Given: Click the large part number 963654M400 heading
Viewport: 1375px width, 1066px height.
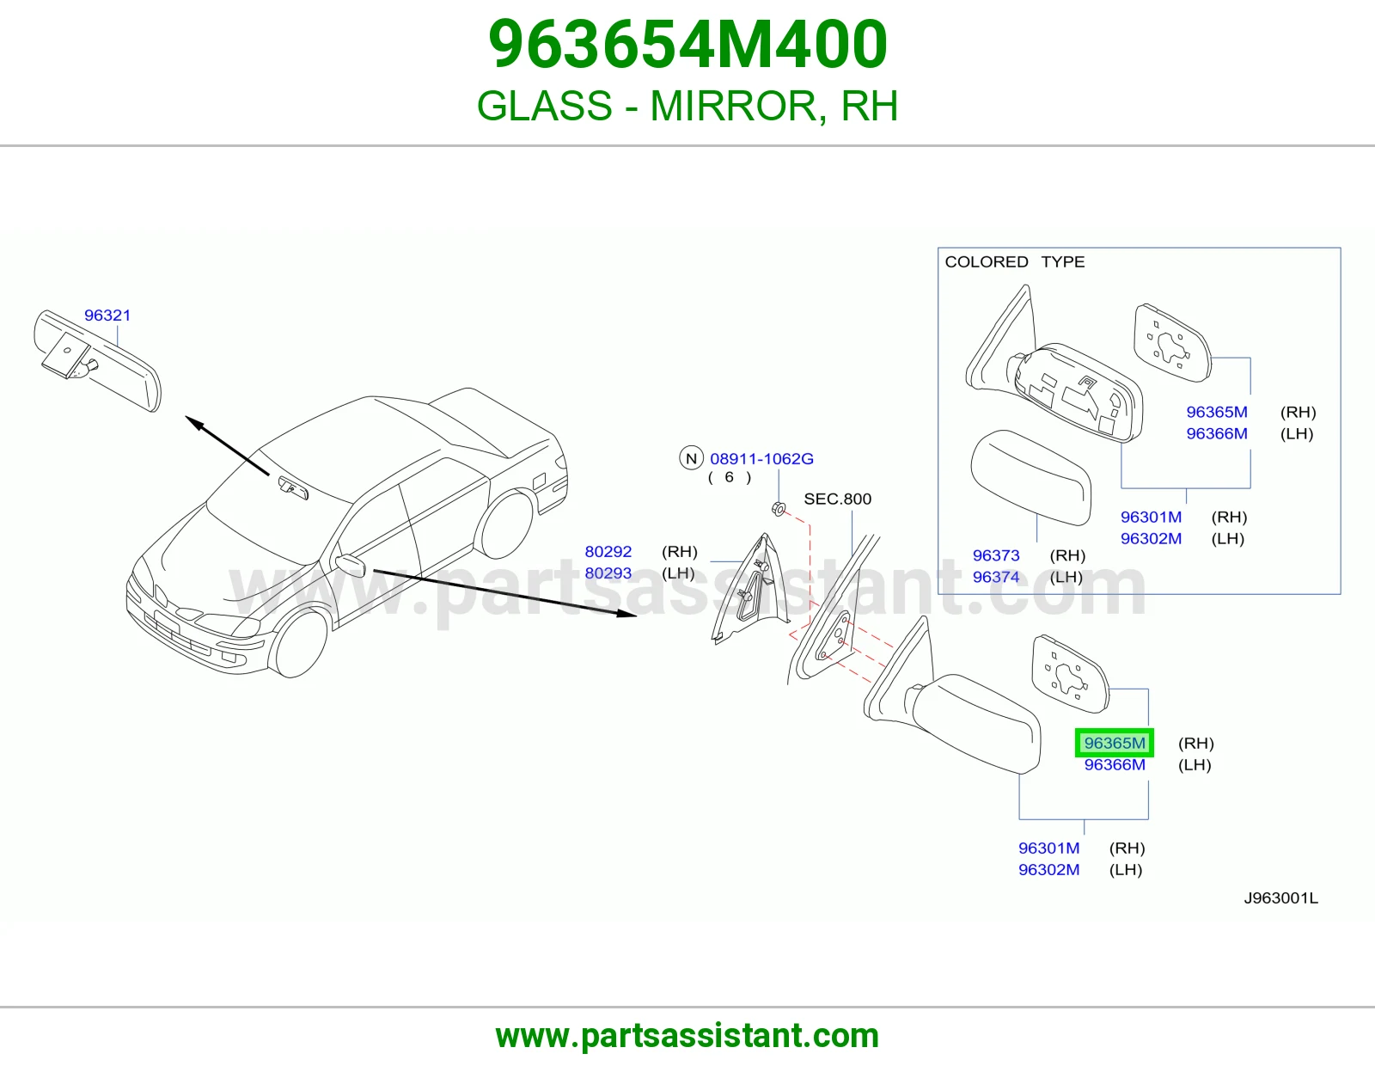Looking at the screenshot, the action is click(687, 45).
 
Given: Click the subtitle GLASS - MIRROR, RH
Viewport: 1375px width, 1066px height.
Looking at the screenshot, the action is click(687, 106).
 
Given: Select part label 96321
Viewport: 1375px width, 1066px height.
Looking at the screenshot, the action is click(107, 316).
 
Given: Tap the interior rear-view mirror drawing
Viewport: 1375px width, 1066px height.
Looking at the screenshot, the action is click(97, 360).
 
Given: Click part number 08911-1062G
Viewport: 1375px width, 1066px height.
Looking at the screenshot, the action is click(761, 458).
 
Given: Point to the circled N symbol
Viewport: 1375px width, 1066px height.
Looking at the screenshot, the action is click(691, 458).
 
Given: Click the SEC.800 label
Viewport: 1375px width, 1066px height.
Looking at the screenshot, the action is click(837, 499).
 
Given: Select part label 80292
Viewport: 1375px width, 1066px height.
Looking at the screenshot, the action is click(608, 551).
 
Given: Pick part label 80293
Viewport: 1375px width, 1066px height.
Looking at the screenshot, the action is click(608, 573).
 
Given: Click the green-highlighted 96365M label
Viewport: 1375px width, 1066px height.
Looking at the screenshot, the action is click(1115, 743).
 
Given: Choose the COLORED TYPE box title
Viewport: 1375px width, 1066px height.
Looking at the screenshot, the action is click(1014, 261).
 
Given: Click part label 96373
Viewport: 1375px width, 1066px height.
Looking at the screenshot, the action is click(996, 555).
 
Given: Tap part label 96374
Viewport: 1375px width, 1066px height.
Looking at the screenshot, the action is click(996, 577).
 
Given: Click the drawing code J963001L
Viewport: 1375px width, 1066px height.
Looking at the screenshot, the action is click(1280, 898).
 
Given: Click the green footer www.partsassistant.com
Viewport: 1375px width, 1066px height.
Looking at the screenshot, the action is click(687, 1036).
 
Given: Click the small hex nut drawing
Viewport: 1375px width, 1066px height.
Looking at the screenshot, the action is click(779, 508).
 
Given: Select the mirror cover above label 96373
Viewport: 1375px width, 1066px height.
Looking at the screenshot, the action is click(1030, 478).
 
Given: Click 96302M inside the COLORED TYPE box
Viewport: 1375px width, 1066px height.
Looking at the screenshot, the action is click(1151, 538).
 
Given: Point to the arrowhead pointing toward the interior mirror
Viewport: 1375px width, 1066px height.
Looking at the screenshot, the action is click(195, 422).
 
